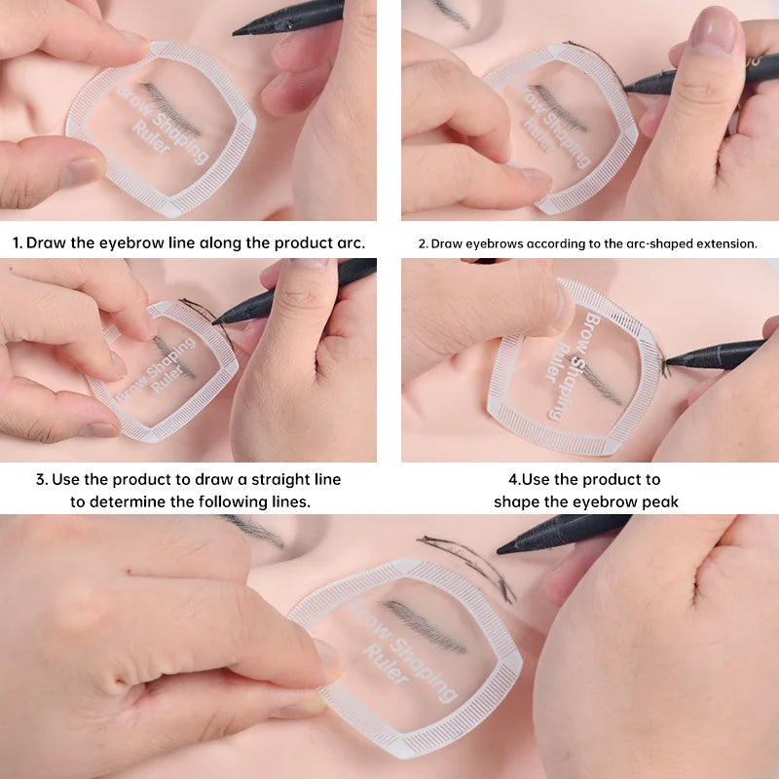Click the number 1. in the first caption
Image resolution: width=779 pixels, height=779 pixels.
[x=18, y=242]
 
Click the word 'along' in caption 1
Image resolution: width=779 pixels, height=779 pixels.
[x=221, y=242]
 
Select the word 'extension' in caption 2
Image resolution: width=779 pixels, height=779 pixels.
[x=726, y=243]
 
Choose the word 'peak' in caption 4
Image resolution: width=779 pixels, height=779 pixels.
[x=659, y=502]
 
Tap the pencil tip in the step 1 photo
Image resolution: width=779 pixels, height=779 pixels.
[x=237, y=32]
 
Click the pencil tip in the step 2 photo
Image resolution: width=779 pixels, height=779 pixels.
[x=626, y=91]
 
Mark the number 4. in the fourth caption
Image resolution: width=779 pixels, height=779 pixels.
[x=514, y=479]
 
